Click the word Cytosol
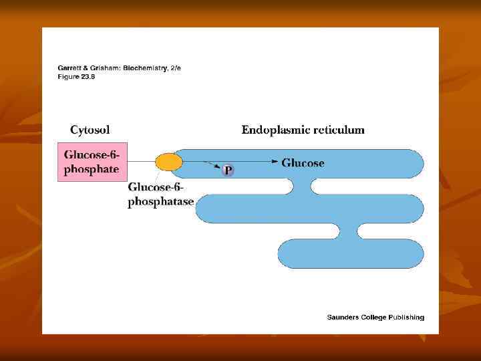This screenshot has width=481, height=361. [90, 130]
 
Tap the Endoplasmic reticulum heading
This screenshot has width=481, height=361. [303, 130]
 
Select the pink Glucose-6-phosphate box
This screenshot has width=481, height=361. [91, 162]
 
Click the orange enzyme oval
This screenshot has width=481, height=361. [168, 162]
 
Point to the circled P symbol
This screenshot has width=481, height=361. [228, 171]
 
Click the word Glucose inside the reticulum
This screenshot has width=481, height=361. [303, 162]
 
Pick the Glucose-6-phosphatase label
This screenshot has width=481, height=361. [160, 195]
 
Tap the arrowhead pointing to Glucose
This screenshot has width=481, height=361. [275, 162]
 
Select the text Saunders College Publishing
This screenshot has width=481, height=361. [375, 318]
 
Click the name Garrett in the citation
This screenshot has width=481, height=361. [69, 68]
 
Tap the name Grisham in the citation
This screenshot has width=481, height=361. [102, 68]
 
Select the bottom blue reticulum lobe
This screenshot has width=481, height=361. [350, 253]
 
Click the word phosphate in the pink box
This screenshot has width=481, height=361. [91, 169]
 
